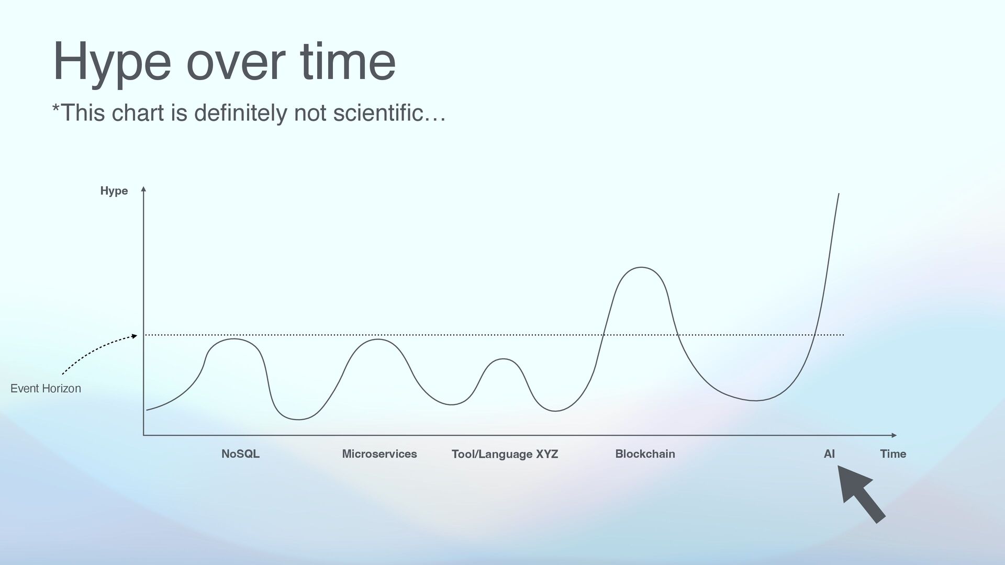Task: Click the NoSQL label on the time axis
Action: coord(240,454)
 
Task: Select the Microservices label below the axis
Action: coord(379,454)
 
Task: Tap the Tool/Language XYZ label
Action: coord(505,454)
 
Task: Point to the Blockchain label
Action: coord(645,454)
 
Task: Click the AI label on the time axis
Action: coord(829,454)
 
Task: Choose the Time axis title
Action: coord(893,454)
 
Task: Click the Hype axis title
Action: coord(114,191)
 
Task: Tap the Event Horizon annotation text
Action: coord(46,388)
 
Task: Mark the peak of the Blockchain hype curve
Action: coord(641,267)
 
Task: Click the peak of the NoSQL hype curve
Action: coord(233,339)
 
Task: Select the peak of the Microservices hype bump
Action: coord(377,340)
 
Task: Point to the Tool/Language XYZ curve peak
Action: coord(503,359)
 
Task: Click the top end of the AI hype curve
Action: coord(839,194)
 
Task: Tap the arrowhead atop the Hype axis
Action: coord(143,189)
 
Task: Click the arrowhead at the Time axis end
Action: coord(894,435)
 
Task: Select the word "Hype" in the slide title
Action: coord(112,63)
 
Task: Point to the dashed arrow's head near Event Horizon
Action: coord(135,336)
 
